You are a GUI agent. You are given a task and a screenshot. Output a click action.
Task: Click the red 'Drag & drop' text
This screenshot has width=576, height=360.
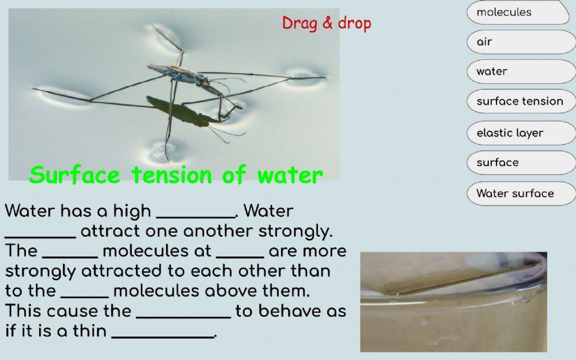click(327, 24)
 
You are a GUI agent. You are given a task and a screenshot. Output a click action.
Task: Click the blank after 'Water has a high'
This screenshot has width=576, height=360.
click(195, 213)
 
